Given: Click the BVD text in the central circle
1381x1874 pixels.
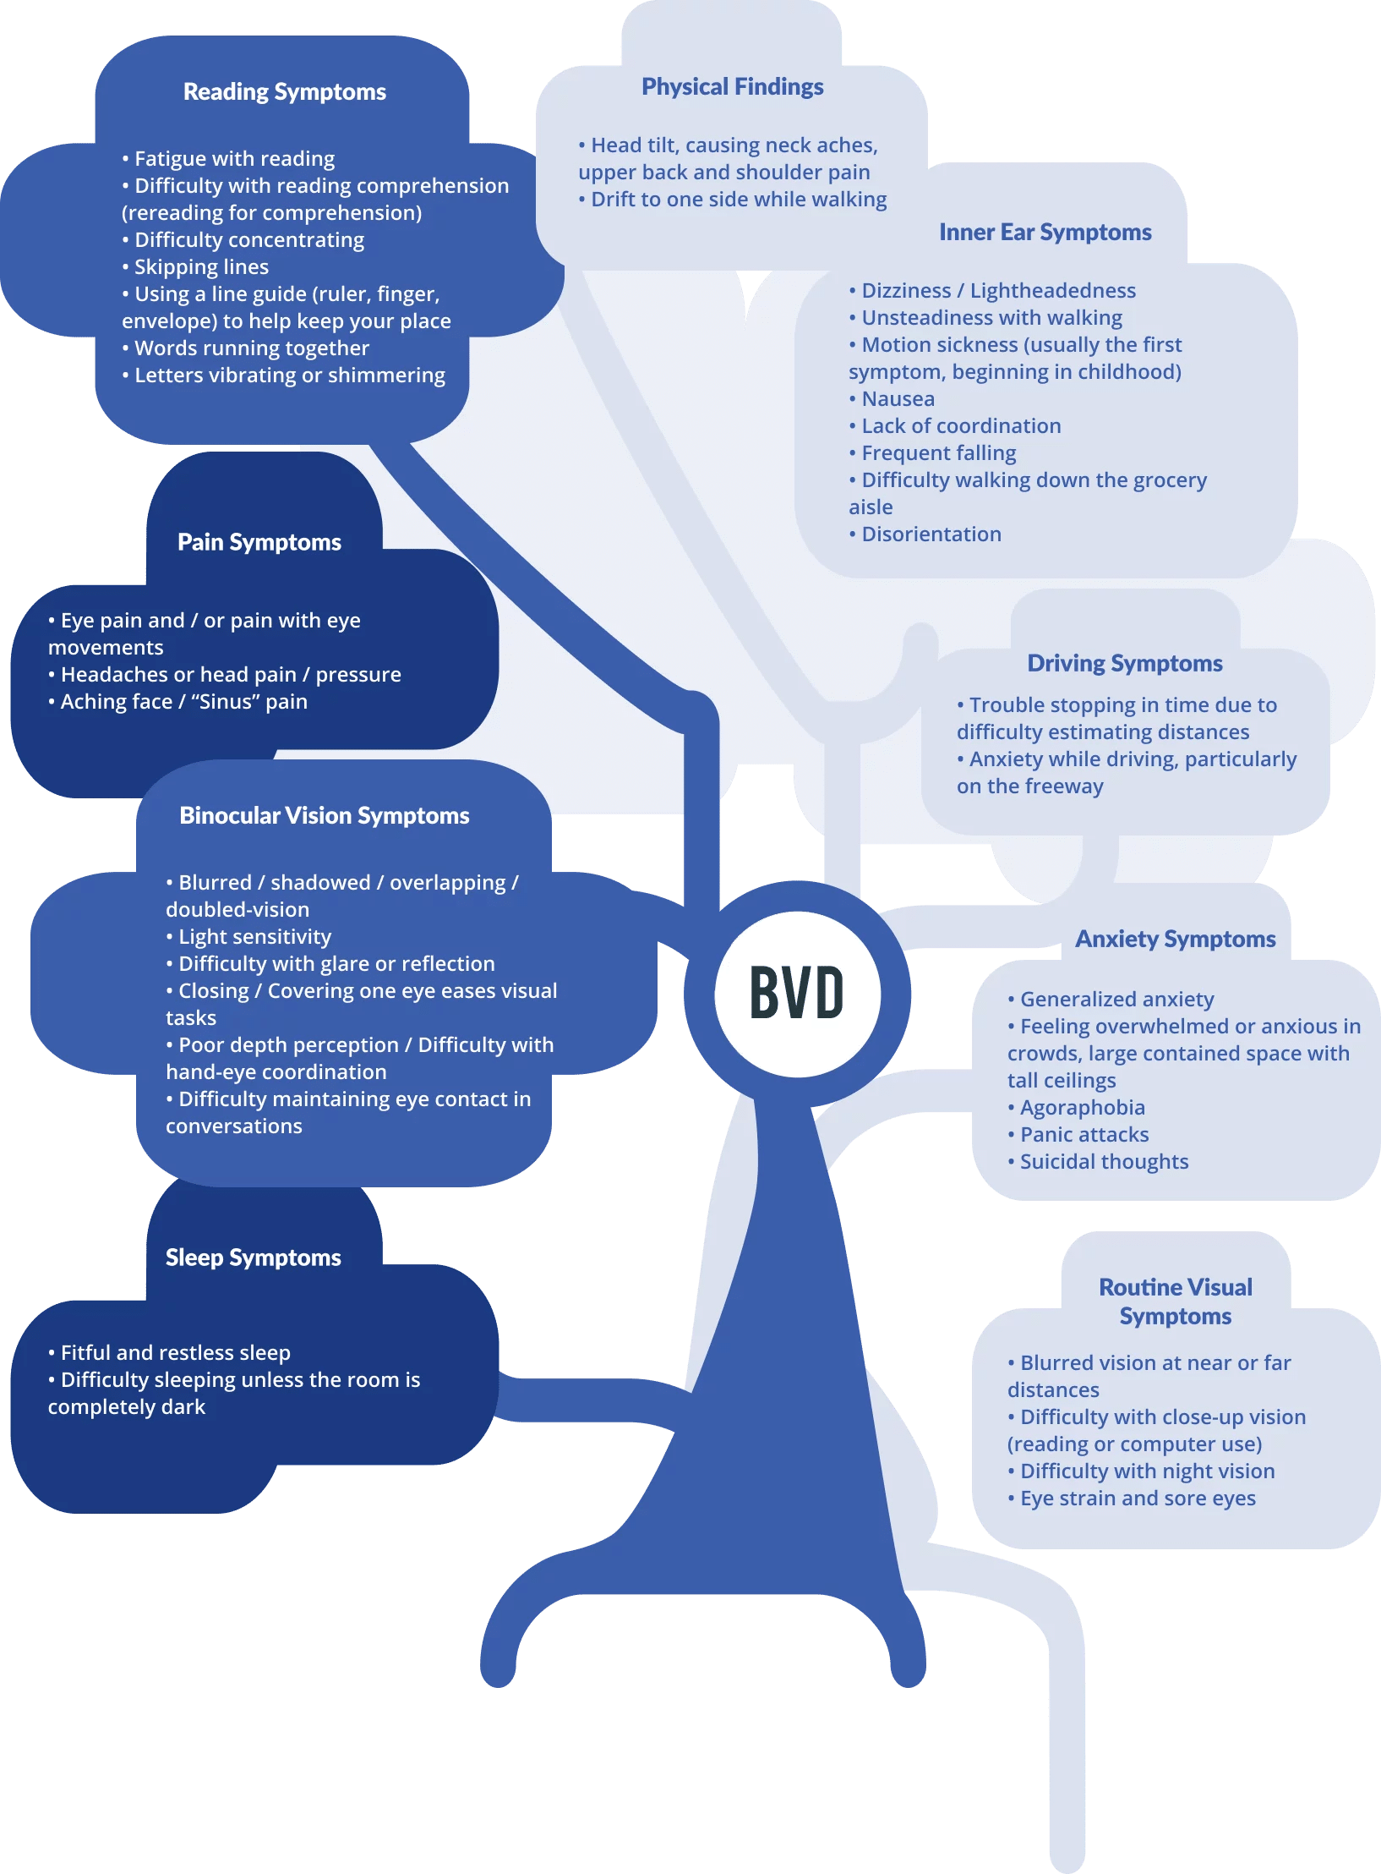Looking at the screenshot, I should click(x=797, y=993).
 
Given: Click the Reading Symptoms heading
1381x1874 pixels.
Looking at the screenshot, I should click(x=285, y=92).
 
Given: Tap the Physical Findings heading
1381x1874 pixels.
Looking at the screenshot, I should click(x=732, y=87).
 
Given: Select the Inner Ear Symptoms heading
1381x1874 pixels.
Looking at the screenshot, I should click(x=1045, y=233).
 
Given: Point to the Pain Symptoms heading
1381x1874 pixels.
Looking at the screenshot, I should click(x=259, y=542).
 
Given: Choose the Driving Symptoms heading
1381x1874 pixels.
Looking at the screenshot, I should click(x=1124, y=664).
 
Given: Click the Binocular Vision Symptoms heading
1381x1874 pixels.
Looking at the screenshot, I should click(x=325, y=816).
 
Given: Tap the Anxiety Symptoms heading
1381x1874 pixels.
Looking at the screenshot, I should click(x=1175, y=940).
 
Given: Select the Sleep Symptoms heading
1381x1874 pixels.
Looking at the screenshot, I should click(x=254, y=1258).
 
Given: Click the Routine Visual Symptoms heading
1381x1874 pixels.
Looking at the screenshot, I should click(x=1175, y=1301).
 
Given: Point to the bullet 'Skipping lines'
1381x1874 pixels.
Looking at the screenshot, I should click(x=201, y=267).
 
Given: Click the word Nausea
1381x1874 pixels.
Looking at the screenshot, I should click(x=898, y=399).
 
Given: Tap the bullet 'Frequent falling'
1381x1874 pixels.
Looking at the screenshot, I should click(x=938, y=453).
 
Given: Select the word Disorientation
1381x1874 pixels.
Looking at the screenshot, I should click(x=931, y=534).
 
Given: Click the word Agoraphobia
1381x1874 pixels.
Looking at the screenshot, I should click(x=1082, y=1108).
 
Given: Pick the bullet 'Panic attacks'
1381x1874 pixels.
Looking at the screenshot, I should click(x=1084, y=1135).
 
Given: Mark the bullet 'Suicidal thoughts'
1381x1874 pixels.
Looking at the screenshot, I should click(x=1103, y=1162).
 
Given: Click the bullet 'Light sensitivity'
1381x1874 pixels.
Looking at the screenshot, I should click(x=254, y=937).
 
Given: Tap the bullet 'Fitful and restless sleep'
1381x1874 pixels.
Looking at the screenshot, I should click(x=175, y=1353).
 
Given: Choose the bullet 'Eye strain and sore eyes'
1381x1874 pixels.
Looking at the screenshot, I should click(x=1137, y=1499).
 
